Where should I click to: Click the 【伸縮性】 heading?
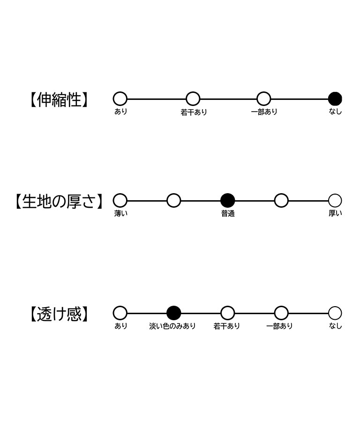(59, 100)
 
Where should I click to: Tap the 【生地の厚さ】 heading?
(59, 201)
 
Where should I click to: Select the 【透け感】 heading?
(59, 314)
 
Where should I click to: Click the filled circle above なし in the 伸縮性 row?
(335, 99)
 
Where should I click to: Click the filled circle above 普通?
(228, 201)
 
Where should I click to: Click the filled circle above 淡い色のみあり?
(174, 313)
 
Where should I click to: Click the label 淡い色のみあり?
(172, 326)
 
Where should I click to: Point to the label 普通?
(228, 214)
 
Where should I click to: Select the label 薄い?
(121, 214)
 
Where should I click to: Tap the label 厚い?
(335, 213)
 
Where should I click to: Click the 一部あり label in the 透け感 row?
(279, 326)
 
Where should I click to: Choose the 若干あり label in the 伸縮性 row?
(194, 112)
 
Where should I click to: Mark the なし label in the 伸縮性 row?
(335, 112)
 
